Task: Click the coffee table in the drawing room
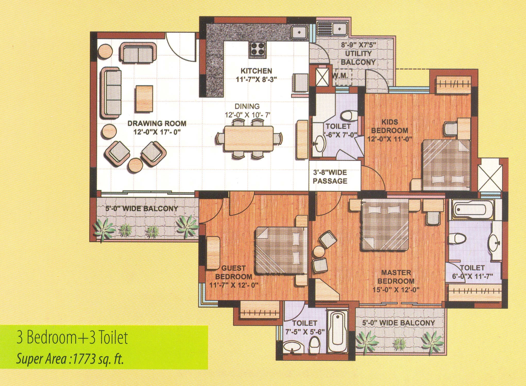pos(144,98)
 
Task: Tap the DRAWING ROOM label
pos(157,123)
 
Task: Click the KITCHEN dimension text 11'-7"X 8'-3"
pos(256,79)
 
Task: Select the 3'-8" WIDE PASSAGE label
pos(330,177)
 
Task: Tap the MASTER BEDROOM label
pos(396,277)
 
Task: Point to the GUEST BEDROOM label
pos(234,273)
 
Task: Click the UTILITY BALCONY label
pos(358,58)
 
